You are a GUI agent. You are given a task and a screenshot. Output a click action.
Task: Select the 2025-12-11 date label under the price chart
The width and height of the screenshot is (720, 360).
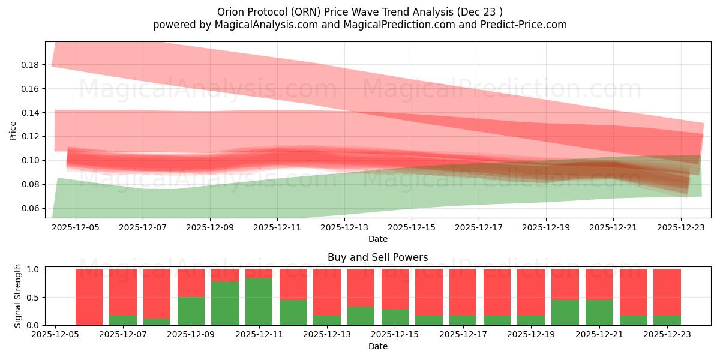click(x=277, y=228)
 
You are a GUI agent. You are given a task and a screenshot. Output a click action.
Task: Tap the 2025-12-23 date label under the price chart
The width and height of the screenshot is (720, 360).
click(x=681, y=228)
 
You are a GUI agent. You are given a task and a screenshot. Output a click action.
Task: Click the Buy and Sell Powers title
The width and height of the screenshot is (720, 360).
click(x=377, y=257)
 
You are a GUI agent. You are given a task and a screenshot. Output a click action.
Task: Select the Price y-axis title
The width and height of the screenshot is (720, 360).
click(x=13, y=130)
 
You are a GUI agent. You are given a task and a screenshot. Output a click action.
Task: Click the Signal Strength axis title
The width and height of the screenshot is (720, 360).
click(x=18, y=295)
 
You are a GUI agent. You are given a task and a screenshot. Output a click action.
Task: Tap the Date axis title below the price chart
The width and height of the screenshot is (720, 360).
click(x=377, y=239)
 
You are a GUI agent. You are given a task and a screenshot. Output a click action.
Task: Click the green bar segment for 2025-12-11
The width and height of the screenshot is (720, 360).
click(x=259, y=302)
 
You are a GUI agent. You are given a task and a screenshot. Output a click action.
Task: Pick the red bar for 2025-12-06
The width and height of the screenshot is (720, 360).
click(x=89, y=297)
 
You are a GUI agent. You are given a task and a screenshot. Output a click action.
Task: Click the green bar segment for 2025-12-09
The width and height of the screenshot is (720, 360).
click(x=191, y=311)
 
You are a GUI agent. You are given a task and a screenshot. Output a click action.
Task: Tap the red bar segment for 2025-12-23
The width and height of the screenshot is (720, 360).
click(x=667, y=292)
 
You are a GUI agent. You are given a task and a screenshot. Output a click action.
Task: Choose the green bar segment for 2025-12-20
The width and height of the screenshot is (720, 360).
click(x=565, y=313)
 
